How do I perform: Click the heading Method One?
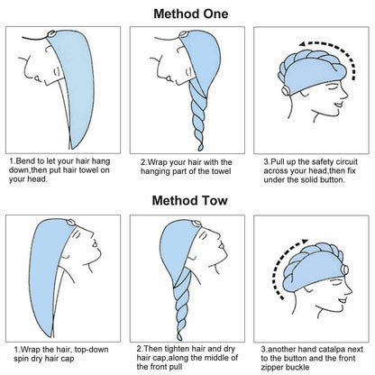click(x=191, y=14)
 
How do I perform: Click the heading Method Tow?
click(x=189, y=200)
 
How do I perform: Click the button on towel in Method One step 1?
click(x=51, y=34)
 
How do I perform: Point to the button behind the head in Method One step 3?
click(x=285, y=90)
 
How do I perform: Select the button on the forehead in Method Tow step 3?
click(x=344, y=270)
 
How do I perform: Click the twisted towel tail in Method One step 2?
click(x=199, y=117)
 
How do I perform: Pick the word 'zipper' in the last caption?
click(x=272, y=367)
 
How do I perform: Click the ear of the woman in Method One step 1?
click(x=56, y=71)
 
